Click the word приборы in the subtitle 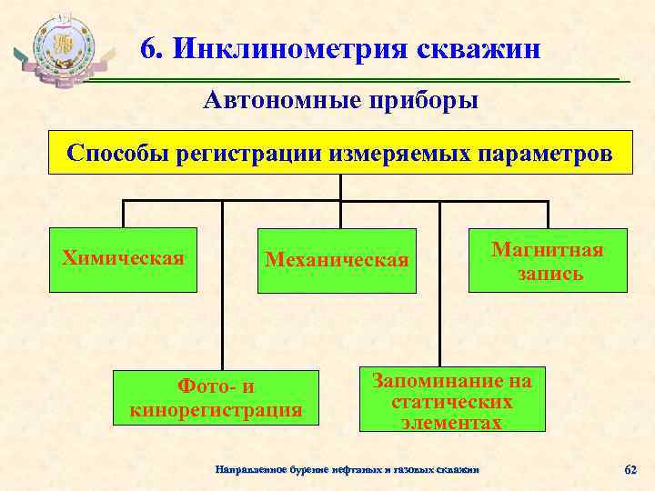pos(422,99)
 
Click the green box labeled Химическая pos(124,259)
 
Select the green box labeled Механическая pos(337,261)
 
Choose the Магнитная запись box pos(548,261)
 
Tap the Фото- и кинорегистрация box pos(217,398)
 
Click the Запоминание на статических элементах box pos(452,400)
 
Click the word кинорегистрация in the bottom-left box pos(217,410)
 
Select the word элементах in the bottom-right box pos(452,422)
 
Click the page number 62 pos(630,469)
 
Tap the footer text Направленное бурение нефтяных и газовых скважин pos(346,469)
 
